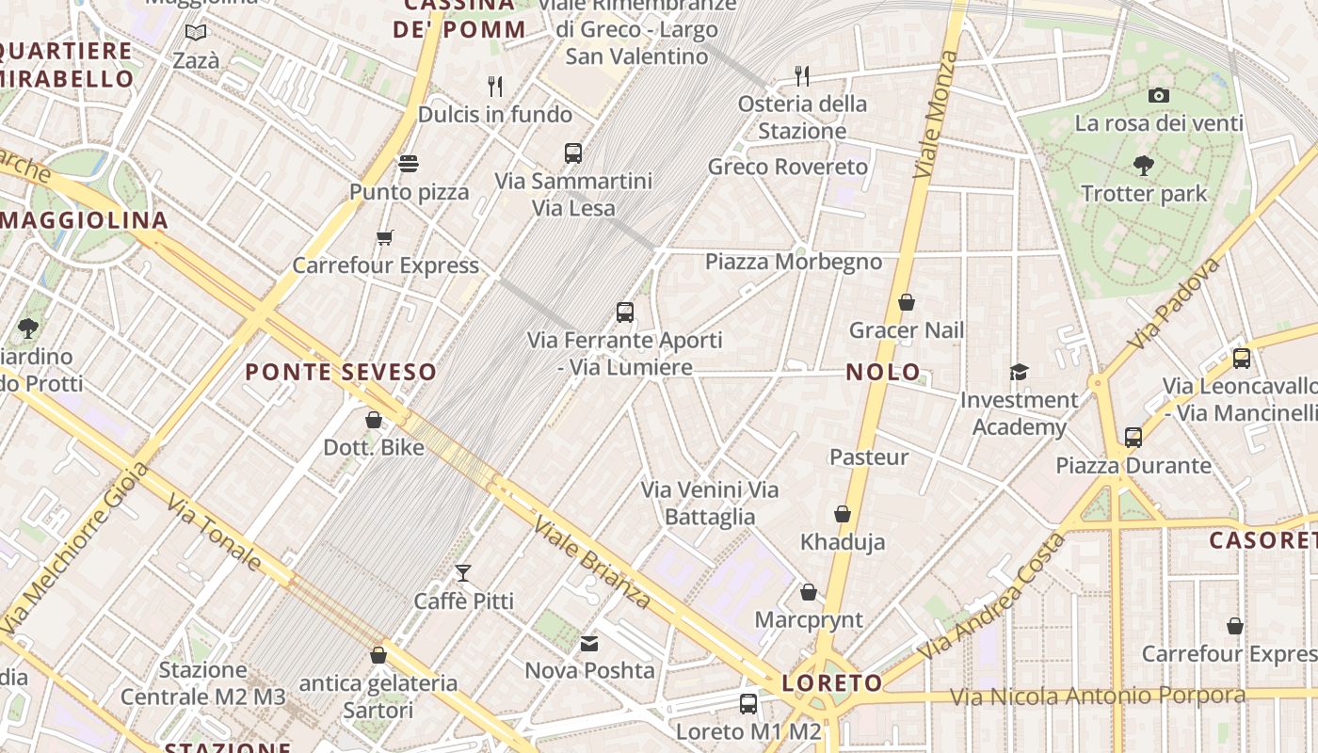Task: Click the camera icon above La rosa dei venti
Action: pos(1159,95)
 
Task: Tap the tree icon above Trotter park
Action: pos(1144,166)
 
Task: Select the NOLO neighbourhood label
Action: pos(883,372)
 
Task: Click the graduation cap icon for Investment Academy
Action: pos(1019,372)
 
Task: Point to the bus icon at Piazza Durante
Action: pos(1133,437)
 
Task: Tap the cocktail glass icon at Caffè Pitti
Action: pos(463,572)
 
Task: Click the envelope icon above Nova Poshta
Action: pos(589,644)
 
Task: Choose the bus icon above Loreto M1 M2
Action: pos(748,703)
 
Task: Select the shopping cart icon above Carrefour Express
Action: pos(384,237)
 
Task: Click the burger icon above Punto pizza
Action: pos(408,164)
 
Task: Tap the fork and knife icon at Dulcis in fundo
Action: pos(495,87)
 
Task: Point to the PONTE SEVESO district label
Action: pos(341,372)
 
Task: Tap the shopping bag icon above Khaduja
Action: pos(843,514)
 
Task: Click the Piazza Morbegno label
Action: pos(794,262)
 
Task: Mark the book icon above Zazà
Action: pos(196,33)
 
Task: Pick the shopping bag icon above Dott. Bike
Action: pos(374,420)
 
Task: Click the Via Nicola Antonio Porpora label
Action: pos(1097,697)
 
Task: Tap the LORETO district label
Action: pos(832,683)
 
